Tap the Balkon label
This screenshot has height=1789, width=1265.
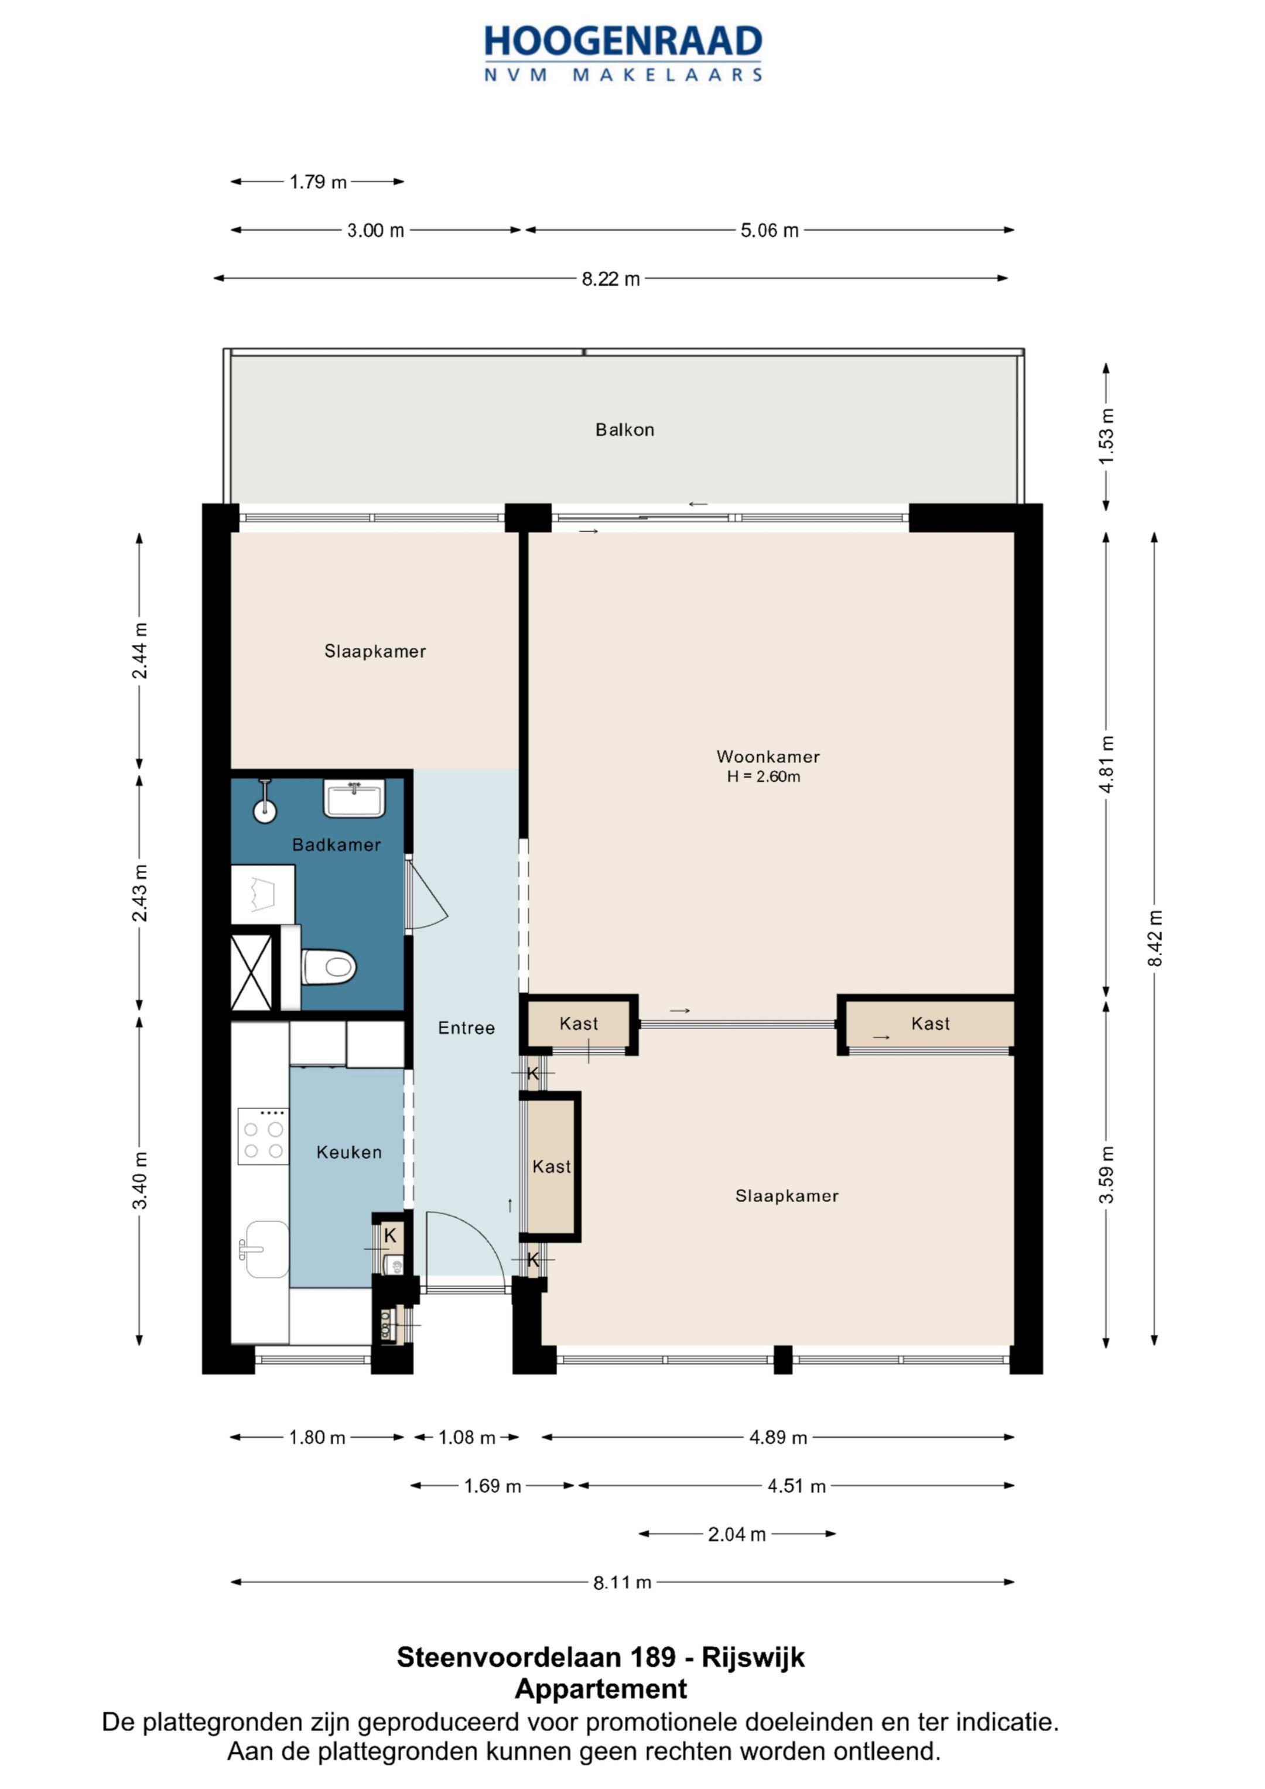(624, 429)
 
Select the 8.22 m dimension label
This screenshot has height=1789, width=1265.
(610, 279)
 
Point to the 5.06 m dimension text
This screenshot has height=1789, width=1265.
(770, 231)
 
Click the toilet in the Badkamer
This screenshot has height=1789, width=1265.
(328, 967)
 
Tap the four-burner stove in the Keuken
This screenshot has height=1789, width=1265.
(264, 1136)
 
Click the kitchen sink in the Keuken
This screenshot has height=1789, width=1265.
(265, 1249)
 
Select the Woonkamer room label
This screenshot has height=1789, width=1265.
(768, 757)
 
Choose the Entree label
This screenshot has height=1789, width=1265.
(466, 1028)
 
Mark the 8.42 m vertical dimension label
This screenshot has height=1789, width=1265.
(1154, 938)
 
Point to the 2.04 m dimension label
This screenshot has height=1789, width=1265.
(737, 1534)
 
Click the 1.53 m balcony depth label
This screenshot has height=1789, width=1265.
(1106, 436)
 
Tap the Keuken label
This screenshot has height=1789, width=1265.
(349, 1152)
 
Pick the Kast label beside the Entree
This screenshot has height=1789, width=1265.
(551, 1167)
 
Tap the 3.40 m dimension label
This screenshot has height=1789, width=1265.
(139, 1181)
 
